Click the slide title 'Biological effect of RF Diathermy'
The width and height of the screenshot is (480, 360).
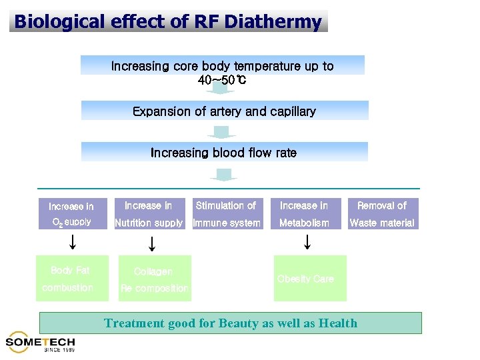coord(168,21)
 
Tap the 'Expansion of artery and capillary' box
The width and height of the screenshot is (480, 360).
coord(224,111)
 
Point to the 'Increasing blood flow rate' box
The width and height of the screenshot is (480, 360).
coord(224,152)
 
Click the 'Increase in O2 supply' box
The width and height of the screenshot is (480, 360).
coord(71,214)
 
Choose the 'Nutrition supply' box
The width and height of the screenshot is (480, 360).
coord(149,214)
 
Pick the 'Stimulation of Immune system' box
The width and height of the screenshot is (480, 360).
coord(226,214)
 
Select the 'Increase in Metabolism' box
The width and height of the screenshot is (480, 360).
coord(304,214)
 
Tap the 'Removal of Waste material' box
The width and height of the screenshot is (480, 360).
coord(382,214)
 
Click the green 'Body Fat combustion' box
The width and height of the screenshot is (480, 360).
coord(72,278)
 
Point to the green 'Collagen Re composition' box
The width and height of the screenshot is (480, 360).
coord(154,279)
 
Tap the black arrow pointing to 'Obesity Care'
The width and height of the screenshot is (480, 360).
coord(306,241)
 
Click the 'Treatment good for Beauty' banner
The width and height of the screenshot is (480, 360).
coord(231,323)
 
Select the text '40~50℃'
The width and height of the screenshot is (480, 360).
coord(222,81)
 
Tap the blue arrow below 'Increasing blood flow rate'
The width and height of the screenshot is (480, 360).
coord(223,175)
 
